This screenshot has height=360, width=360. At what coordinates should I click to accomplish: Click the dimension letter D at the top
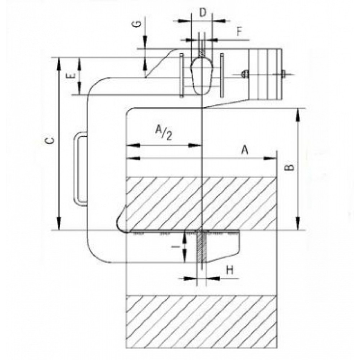202,13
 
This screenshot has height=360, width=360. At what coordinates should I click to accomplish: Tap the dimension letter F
239,32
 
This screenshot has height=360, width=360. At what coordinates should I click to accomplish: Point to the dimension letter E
72,76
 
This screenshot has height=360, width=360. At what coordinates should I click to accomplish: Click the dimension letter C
52,141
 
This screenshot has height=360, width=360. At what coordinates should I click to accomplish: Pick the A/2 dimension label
163,132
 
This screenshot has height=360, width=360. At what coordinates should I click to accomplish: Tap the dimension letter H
230,270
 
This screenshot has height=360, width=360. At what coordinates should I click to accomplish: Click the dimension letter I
176,247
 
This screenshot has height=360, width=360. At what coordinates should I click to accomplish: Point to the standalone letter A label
245,150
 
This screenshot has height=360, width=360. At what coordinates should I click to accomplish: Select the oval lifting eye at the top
202,76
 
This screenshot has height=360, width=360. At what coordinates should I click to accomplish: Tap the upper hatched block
202,204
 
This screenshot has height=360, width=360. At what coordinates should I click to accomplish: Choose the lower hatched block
202,322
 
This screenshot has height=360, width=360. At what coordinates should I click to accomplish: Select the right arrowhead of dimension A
270,158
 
